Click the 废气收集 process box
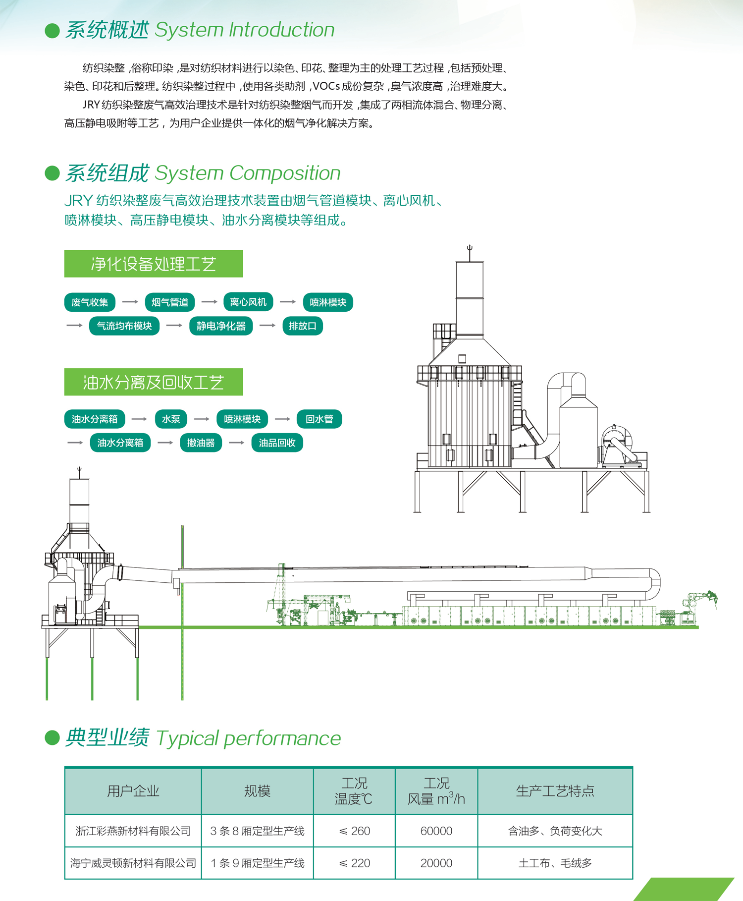(90, 302)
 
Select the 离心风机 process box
(248, 302)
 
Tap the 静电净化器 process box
(221, 326)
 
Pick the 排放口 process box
(302, 326)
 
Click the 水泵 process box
(171, 419)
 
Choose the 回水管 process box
(319, 419)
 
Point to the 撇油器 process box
(201, 443)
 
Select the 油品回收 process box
(277, 443)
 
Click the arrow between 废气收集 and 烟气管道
(130, 302)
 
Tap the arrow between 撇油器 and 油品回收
(237, 443)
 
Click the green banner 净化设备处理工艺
(154, 264)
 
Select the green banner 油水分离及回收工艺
(154, 382)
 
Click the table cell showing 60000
(436, 831)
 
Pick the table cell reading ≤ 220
(355, 863)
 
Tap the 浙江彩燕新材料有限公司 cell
(133, 831)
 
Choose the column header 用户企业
(133, 791)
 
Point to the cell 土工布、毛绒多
(555, 863)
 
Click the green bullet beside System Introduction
(52, 31)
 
